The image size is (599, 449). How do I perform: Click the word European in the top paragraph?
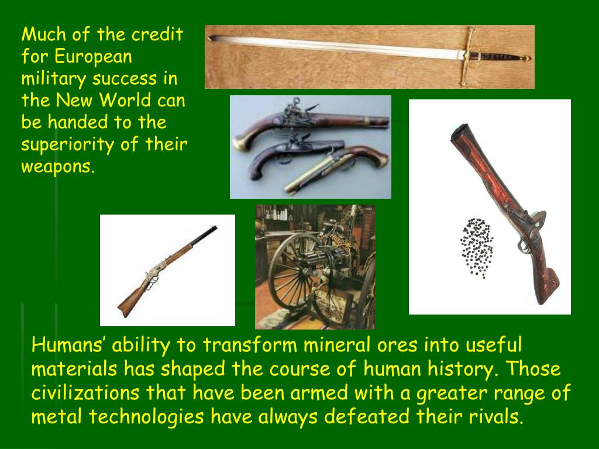[x=94, y=57]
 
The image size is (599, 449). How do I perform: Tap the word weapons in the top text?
[x=57, y=167]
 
